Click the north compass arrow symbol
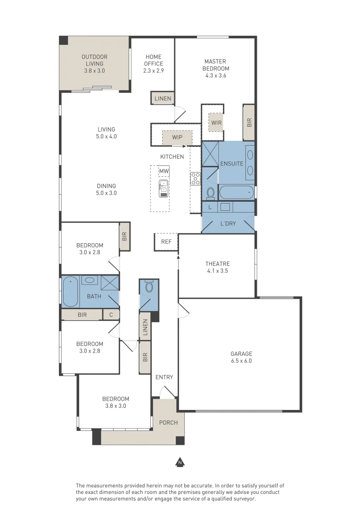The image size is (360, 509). [180, 462]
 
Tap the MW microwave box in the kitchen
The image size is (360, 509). [164, 171]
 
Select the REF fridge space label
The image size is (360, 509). [166, 242]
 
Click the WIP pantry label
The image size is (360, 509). [177, 138]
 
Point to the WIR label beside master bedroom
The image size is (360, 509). [216, 123]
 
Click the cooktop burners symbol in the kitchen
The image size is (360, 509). [195, 179]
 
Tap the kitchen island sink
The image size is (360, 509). [164, 188]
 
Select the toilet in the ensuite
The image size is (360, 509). [211, 192]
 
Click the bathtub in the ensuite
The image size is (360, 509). [237, 192]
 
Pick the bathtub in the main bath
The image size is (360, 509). [71, 291]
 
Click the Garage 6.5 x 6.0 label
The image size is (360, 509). [241, 357]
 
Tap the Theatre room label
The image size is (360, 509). [217, 267]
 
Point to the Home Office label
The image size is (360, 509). [154, 64]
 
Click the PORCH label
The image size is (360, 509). [168, 422]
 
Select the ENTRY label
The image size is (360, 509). [164, 377]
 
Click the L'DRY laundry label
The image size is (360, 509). [228, 223]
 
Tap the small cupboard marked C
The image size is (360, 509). [111, 314]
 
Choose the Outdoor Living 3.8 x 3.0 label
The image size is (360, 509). [94, 64]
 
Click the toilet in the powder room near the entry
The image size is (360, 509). [149, 287]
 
